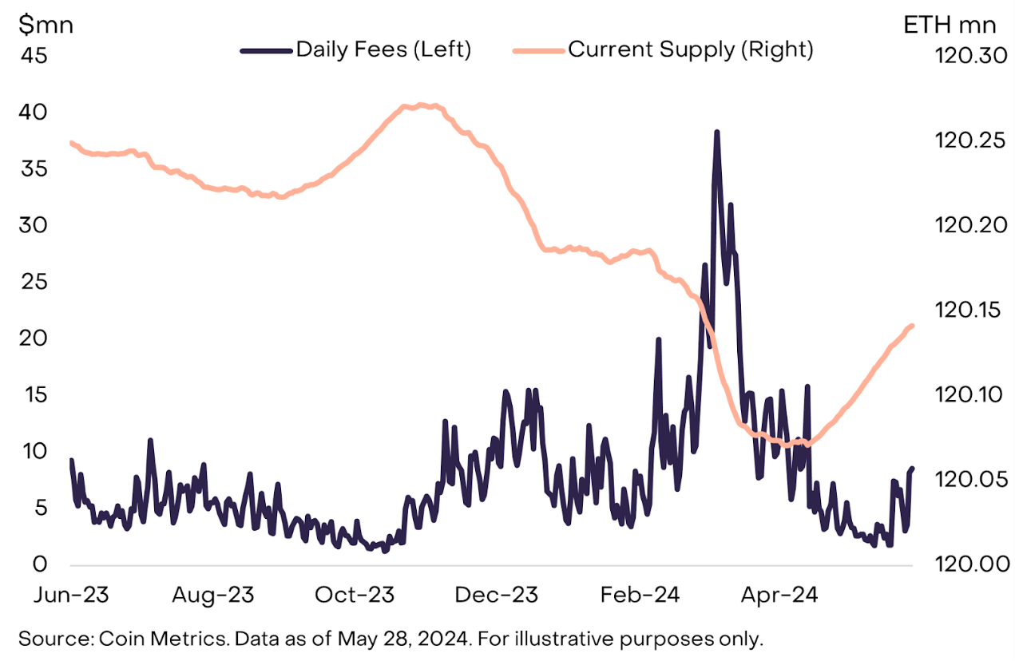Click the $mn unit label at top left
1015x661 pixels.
[x=46, y=25]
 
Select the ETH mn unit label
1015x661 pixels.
[x=950, y=25]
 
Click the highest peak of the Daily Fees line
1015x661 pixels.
[x=717, y=133]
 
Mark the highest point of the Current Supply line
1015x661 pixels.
[x=422, y=105]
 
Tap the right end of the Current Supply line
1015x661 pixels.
[x=912, y=325]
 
